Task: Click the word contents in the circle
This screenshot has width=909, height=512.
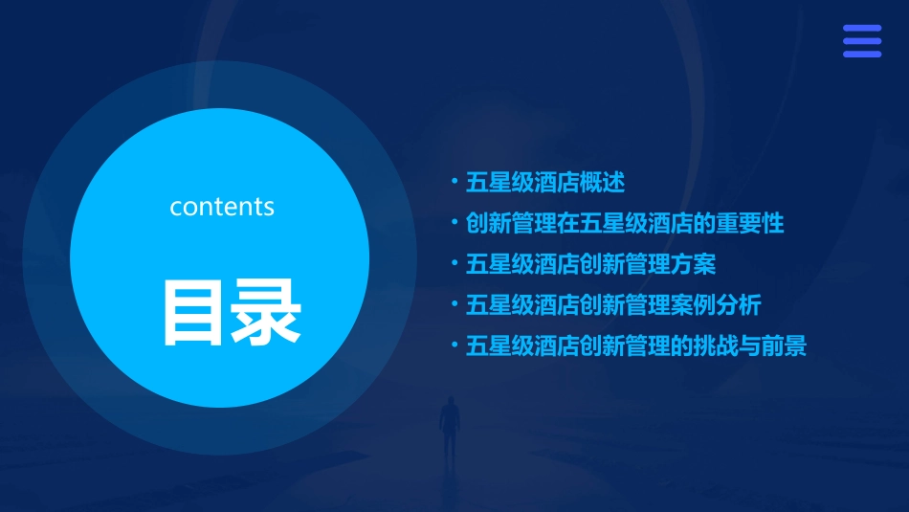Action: point(222,207)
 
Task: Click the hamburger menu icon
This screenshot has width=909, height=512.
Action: point(861,41)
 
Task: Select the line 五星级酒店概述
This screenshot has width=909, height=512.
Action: point(544,182)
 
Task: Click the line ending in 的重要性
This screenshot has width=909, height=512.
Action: point(625,223)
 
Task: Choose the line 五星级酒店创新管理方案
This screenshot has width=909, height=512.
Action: point(590,264)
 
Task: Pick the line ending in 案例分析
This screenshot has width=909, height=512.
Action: point(613,305)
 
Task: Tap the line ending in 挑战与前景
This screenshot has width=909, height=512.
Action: point(636,346)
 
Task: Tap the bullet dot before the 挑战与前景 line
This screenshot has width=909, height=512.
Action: point(455,345)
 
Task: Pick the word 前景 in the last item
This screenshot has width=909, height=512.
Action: point(785,346)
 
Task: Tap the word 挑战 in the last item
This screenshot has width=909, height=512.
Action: point(716,346)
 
